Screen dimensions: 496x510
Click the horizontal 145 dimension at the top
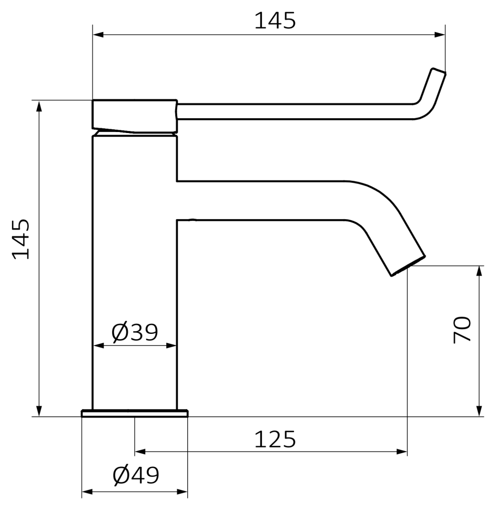[x=275, y=21]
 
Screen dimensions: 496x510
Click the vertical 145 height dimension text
[x=21, y=240]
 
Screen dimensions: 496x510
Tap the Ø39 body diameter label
[x=135, y=332]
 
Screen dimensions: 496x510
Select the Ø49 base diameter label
[x=136, y=475]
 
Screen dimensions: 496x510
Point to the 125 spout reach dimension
[x=275, y=440]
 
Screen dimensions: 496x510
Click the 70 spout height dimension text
[x=462, y=330]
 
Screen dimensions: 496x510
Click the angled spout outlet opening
[x=408, y=266]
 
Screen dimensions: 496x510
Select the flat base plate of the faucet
[x=135, y=413]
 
